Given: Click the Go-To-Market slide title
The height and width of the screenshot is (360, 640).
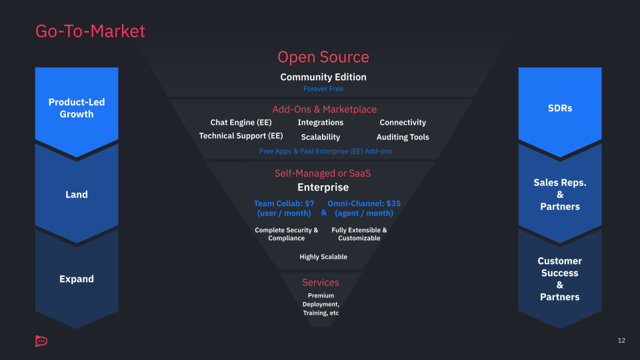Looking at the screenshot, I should point(90,31).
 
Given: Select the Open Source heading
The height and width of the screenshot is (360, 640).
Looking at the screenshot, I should point(323,57).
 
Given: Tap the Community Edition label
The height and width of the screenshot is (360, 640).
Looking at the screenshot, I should point(323,77).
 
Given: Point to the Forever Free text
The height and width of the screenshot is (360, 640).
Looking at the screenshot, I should point(323,89).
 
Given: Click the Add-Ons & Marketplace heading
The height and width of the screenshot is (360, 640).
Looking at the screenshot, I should point(324,109).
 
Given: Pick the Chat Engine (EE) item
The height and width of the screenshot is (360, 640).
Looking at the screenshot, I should point(241,123).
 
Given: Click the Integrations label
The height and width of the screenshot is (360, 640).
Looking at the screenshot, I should point(320,123).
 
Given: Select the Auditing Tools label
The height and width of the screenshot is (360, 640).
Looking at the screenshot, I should point(402,137).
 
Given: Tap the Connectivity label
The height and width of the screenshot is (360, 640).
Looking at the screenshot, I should point(402,123).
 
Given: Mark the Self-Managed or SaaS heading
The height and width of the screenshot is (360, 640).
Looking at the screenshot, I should point(323,173).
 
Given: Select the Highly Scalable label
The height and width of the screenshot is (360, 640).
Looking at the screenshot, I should point(323,257).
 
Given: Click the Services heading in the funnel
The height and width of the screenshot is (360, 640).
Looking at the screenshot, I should point(320,283).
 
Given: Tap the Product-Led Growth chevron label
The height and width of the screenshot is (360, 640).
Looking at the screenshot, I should point(77,108).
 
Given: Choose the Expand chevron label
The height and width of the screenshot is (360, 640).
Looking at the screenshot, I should point(77,279).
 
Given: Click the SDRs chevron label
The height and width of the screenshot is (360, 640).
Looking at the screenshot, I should point(559,108).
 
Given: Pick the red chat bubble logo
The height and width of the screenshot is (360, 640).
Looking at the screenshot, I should point(41,341).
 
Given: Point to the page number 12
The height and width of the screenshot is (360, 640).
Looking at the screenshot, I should point(621,341).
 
